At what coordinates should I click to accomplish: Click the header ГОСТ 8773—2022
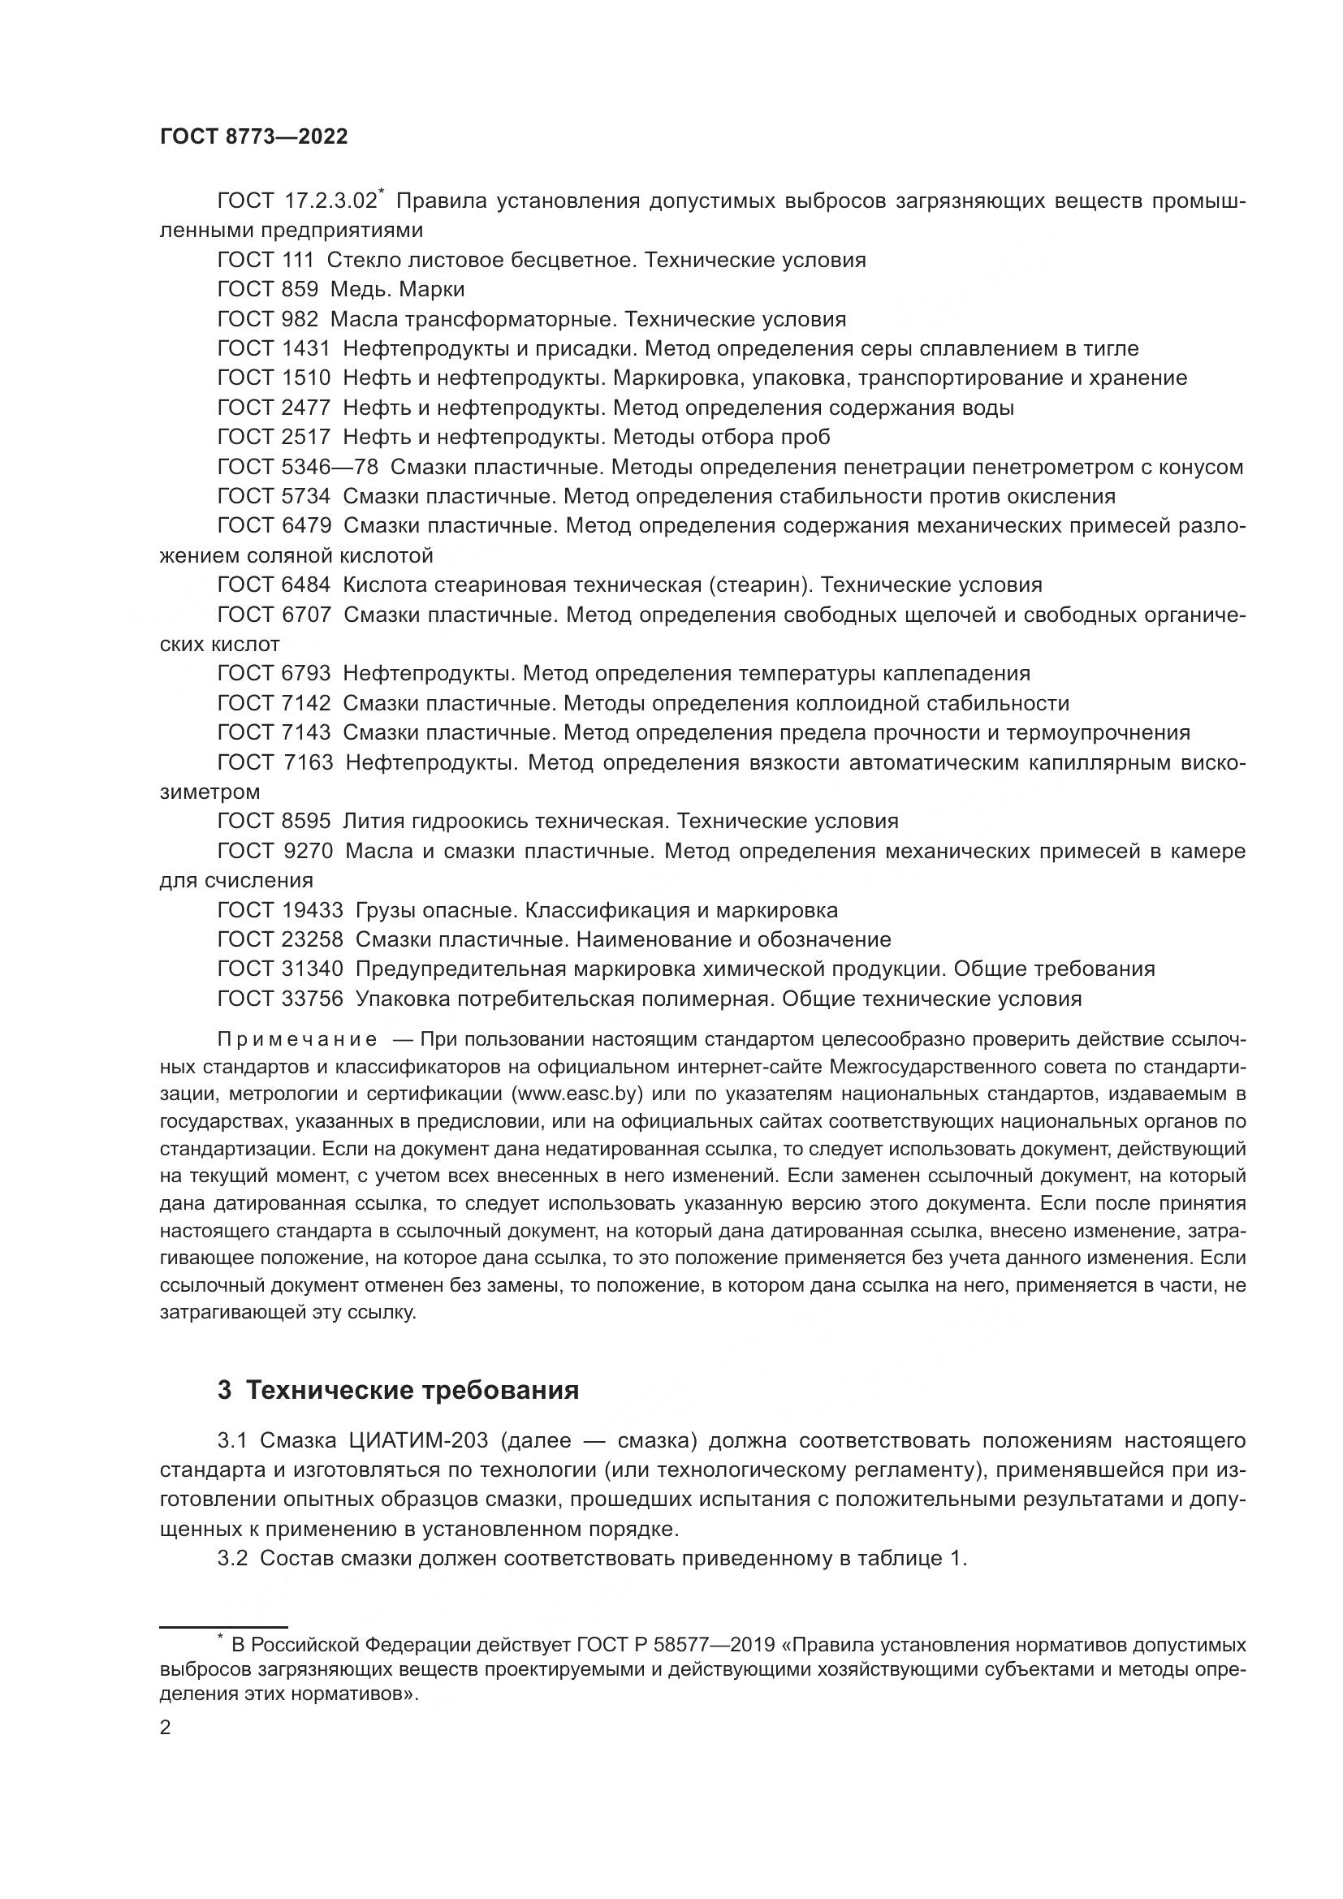(253, 137)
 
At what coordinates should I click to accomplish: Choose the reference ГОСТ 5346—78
(297, 468)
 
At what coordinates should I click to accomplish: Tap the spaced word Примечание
(297, 1040)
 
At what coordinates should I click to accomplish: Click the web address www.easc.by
(578, 1094)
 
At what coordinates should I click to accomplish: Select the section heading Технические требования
(412, 1390)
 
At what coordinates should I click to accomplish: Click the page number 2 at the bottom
(166, 1728)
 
